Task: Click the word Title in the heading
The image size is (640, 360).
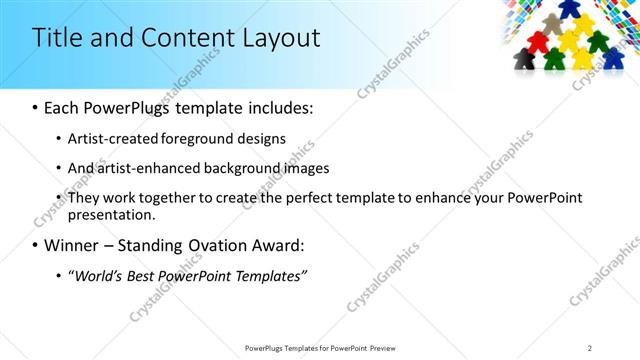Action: [56, 38]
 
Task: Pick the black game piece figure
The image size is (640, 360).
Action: [522, 60]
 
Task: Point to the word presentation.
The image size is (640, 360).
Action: [110, 214]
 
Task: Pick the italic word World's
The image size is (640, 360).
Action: [99, 275]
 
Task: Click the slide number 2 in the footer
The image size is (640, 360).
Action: [590, 348]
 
